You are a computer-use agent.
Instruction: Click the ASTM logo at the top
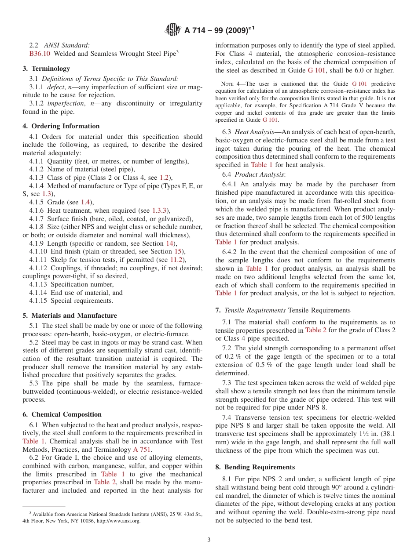tap(173, 30)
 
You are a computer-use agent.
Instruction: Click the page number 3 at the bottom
tap(209, 540)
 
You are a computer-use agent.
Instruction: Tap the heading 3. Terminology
tap(46, 69)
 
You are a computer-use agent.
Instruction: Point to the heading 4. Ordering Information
tap(61, 126)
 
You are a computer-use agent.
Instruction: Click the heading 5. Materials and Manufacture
tap(70, 316)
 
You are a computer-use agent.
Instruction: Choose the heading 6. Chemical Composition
tap(62, 414)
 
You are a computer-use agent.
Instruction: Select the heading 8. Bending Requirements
tap(255, 467)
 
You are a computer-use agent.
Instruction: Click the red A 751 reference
tap(142, 449)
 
